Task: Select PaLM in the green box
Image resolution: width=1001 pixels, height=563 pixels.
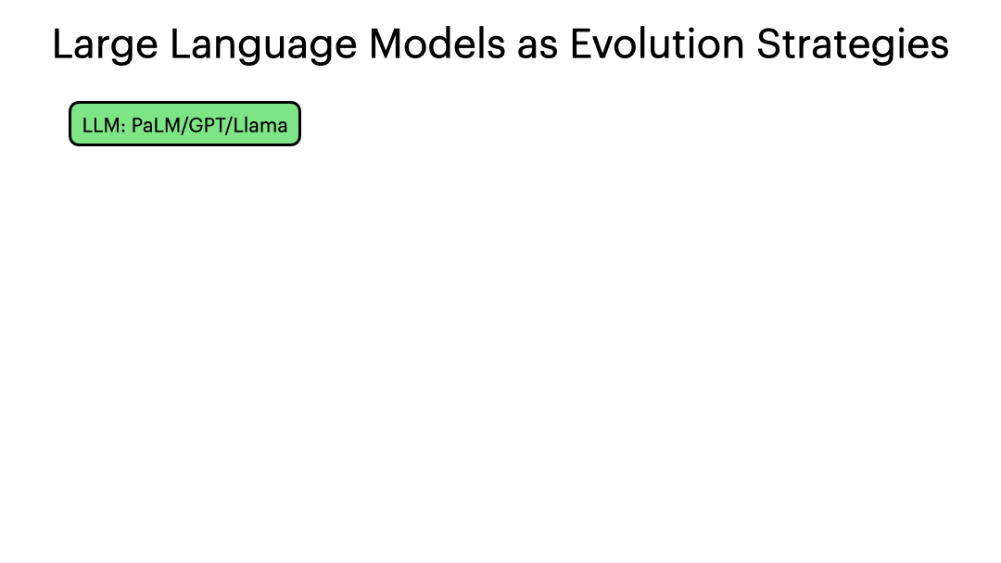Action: [x=154, y=125]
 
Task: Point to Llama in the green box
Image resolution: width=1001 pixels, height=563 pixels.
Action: [x=260, y=125]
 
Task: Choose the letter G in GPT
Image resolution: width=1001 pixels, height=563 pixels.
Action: [x=195, y=125]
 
